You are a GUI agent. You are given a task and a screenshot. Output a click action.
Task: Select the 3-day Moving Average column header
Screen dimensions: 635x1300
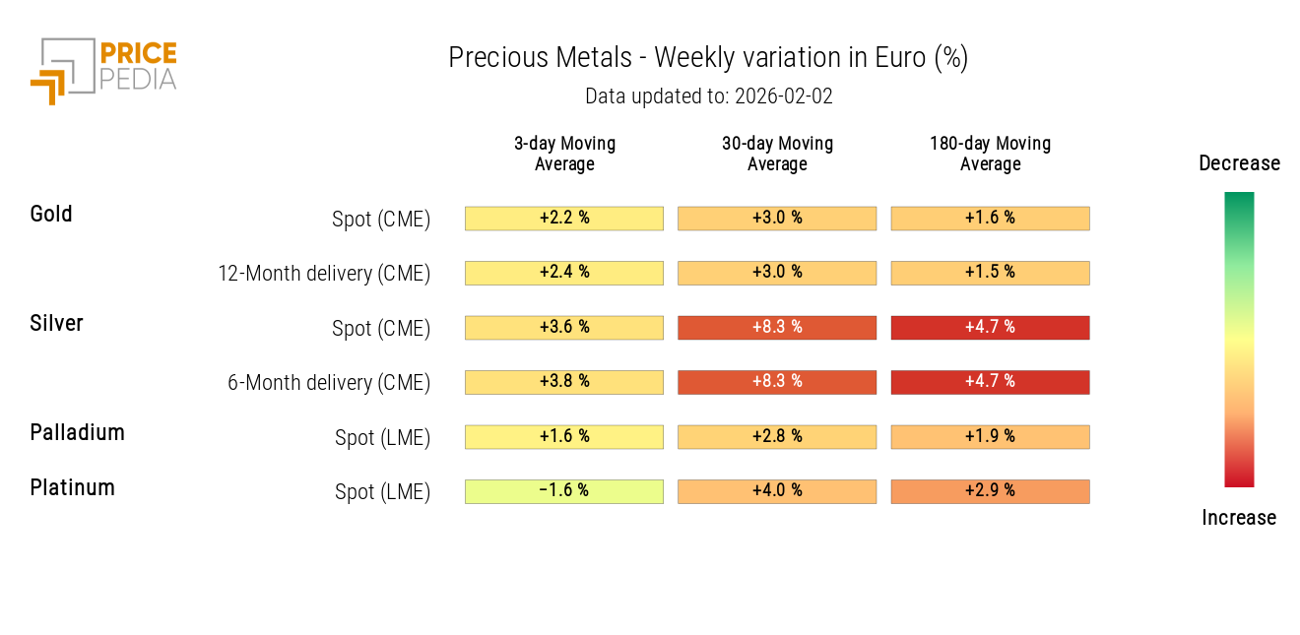coord(564,154)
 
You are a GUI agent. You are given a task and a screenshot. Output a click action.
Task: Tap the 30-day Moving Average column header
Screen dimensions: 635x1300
coord(777,154)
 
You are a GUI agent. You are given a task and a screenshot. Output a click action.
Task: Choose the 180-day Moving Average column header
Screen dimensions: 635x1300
coord(990,154)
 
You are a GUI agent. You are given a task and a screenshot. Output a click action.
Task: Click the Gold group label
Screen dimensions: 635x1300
coord(51,214)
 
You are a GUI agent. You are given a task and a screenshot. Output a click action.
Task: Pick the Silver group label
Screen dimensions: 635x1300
coord(56,323)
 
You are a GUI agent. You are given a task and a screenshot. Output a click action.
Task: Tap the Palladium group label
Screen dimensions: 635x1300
coord(77,432)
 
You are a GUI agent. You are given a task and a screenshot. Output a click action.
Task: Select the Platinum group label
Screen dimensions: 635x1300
coord(72,487)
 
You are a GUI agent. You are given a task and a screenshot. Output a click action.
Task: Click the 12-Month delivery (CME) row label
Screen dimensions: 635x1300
coord(324,274)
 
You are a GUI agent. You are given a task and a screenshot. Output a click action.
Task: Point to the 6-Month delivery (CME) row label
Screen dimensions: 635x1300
coord(329,383)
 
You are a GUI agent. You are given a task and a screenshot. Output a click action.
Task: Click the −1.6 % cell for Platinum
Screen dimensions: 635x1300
coord(564,491)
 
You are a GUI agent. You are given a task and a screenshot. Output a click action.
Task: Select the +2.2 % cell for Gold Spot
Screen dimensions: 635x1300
coord(564,218)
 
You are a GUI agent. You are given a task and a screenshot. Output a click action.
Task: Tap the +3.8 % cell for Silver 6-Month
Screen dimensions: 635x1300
coord(564,382)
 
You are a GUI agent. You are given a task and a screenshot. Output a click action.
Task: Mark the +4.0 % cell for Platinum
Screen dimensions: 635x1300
coord(777,491)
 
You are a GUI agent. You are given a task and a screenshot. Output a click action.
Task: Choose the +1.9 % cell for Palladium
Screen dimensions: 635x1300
coord(990,436)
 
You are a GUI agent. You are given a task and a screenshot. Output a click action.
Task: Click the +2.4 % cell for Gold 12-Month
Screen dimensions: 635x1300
coord(564,273)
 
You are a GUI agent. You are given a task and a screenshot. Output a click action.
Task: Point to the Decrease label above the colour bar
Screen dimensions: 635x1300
coord(1239,163)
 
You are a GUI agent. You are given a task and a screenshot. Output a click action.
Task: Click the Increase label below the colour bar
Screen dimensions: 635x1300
coord(1239,518)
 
